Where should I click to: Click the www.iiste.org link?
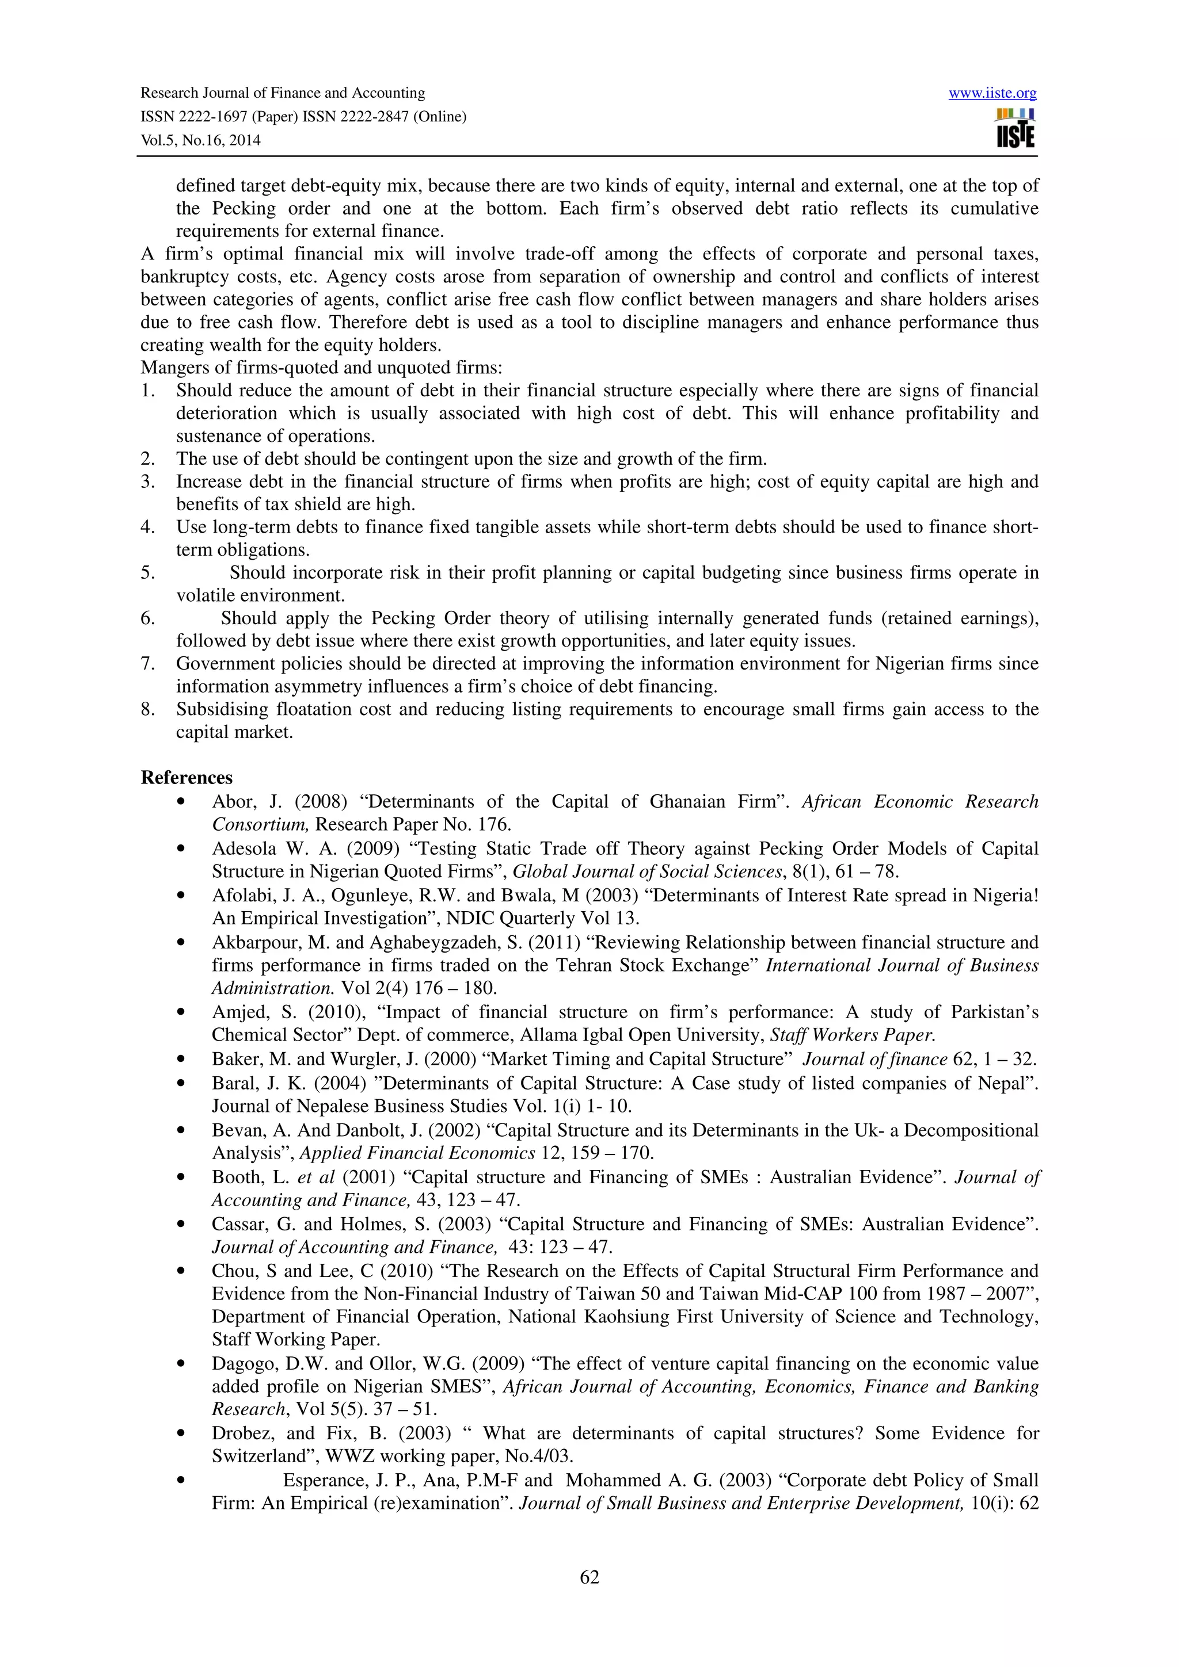pyautogui.click(x=992, y=94)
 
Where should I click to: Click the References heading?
pyautogui.click(x=187, y=778)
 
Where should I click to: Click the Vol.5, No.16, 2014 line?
pyautogui.click(x=200, y=140)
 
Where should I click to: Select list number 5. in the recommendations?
pyautogui.click(x=147, y=573)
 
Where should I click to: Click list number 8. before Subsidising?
pyautogui.click(x=147, y=709)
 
